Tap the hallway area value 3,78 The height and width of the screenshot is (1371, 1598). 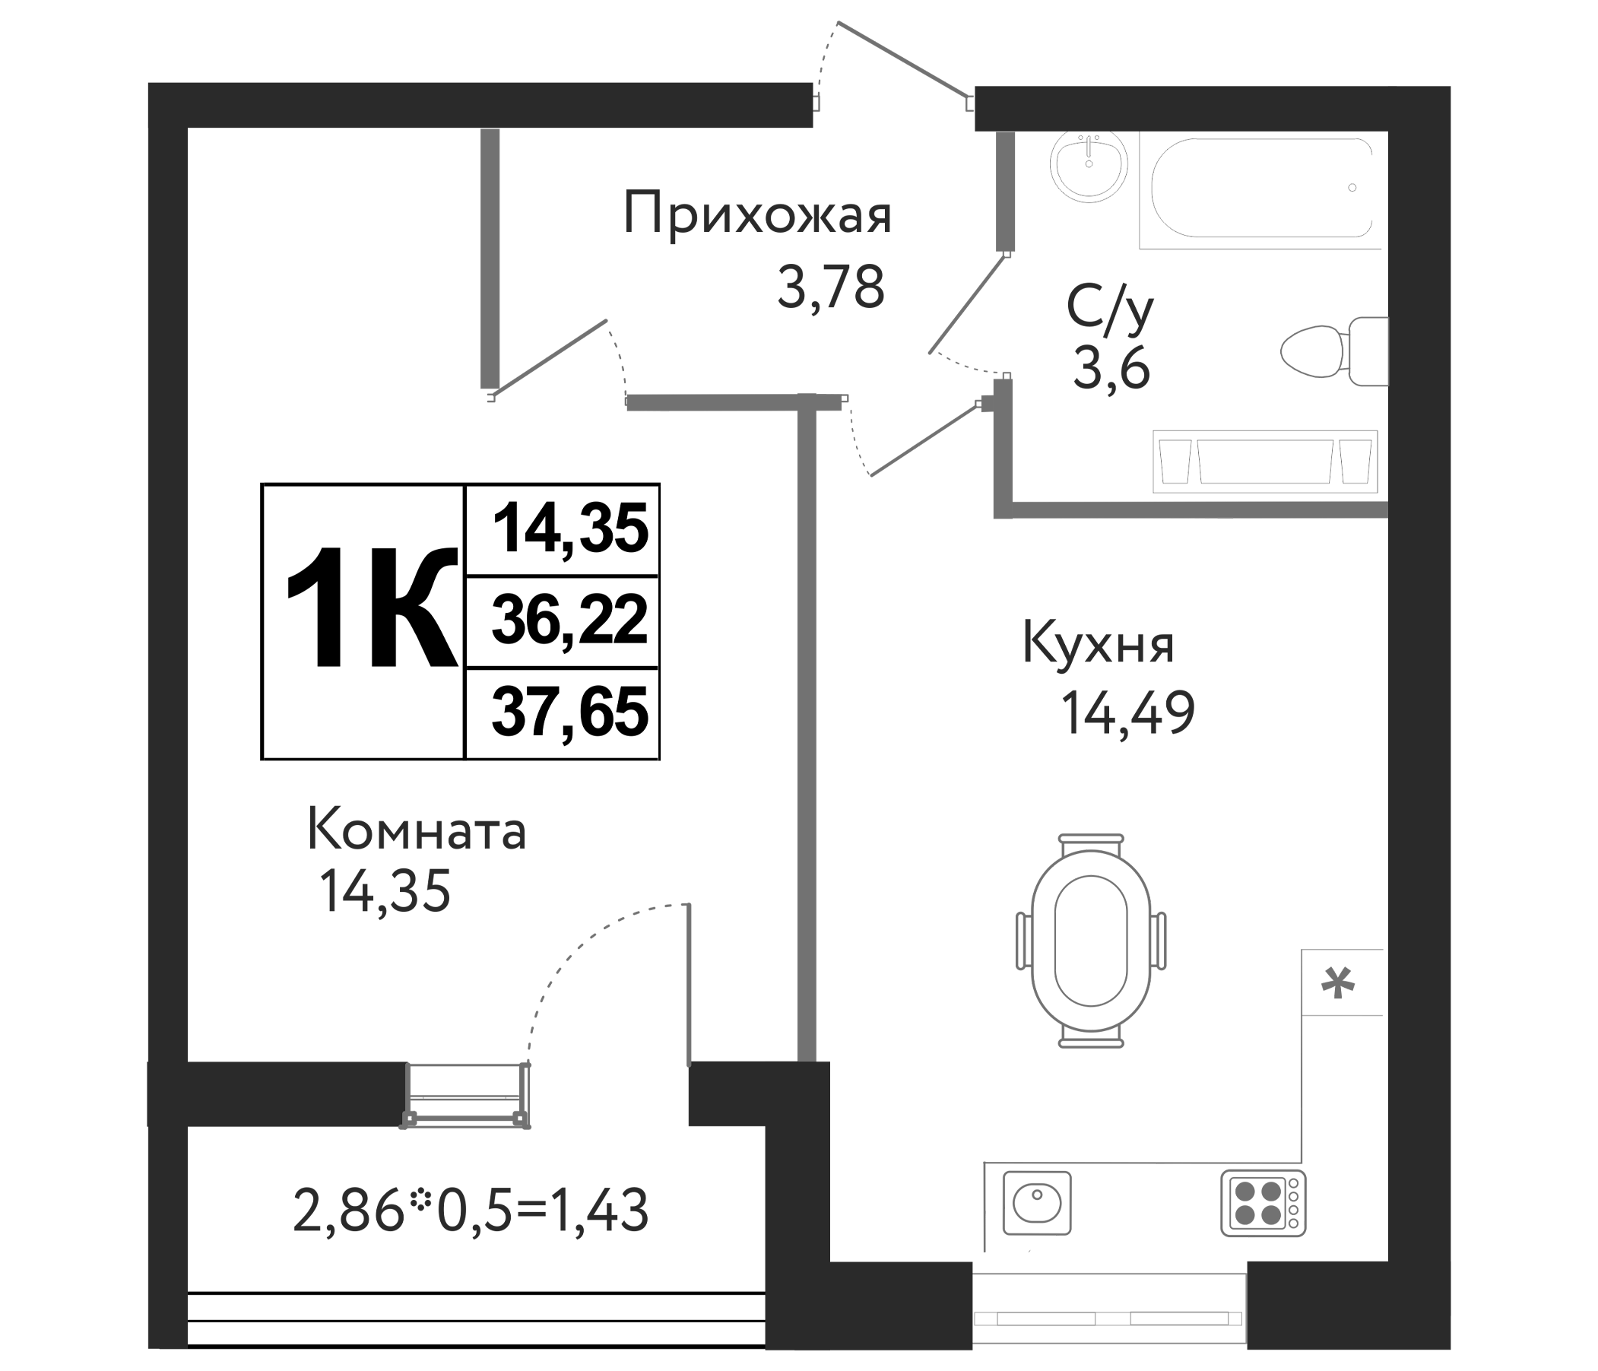pos(830,287)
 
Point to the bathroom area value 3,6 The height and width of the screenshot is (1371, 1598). pos(1111,369)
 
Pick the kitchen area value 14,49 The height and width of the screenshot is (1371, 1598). pos(1128,713)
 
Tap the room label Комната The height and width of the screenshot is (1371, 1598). pos(417,832)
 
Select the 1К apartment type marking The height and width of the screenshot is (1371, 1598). pos(370,609)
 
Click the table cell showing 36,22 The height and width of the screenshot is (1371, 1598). pos(569,622)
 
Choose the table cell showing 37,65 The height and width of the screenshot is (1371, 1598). pos(569,713)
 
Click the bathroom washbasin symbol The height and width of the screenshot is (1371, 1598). pos(1088,166)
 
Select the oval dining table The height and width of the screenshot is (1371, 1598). pos(1090,941)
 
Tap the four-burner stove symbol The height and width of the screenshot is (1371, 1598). pos(1263,1203)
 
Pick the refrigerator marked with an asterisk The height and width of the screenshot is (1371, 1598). pos(1341,985)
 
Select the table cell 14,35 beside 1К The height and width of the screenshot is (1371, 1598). pos(569,530)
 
